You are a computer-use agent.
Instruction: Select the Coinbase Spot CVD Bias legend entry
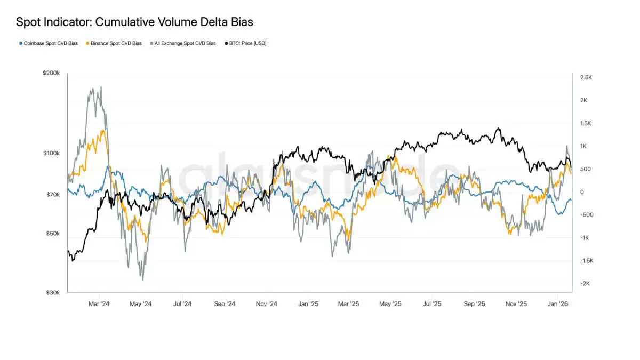[x=51, y=43]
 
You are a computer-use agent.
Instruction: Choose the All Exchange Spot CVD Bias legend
[x=185, y=43]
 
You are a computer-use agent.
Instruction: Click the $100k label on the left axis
[x=51, y=154]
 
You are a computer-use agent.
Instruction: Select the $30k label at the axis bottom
[x=52, y=292]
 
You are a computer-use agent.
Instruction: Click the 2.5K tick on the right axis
[x=586, y=78]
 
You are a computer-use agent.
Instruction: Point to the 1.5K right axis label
[x=586, y=124]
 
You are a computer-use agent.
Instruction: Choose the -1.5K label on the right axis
[x=586, y=261]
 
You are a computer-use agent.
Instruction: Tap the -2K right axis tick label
[x=585, y=284]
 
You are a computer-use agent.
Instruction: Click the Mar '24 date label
[x=99, y=304]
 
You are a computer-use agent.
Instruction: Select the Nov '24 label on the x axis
[x=267, y=304]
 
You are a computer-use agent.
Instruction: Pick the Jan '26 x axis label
[x=558, y=304]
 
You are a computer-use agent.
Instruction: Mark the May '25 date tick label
[x=390, y=304]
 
